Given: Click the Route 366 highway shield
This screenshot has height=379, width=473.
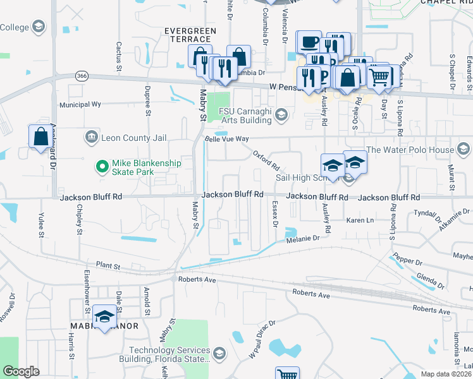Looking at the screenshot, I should (81, 76).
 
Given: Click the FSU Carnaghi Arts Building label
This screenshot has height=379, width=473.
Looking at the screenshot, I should (245, 115).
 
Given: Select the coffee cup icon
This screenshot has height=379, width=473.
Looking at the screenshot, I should (309, 42).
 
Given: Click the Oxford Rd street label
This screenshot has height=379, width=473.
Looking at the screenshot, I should (266, 160).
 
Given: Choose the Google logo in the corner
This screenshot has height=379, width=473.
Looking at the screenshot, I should (21, 371).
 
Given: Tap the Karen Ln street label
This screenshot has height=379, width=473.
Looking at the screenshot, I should (360, 220).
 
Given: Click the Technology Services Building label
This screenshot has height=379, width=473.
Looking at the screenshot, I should (169, 355).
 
